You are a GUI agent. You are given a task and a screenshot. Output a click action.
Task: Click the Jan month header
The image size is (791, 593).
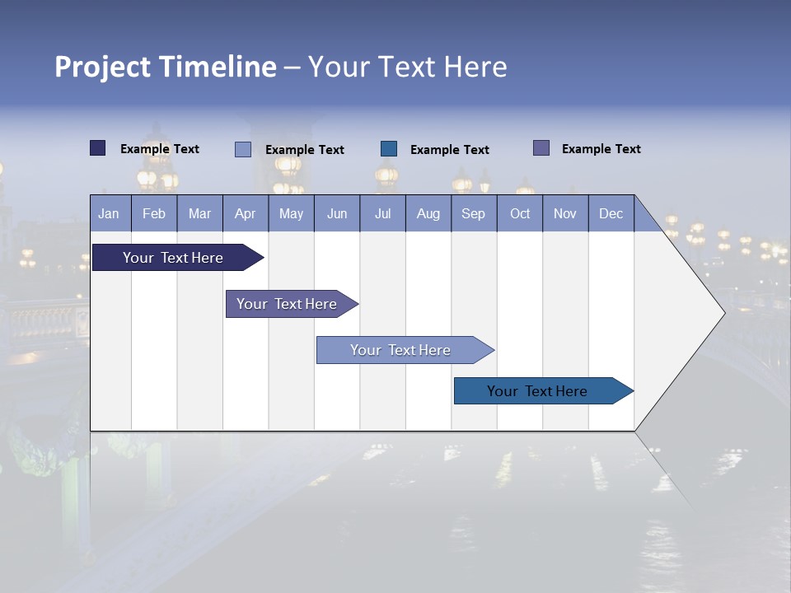coord(110,213)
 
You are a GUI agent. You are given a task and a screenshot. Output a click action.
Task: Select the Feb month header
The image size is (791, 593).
coord(154,213)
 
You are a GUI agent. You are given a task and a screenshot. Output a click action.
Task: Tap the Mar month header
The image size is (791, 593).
coord(199,213)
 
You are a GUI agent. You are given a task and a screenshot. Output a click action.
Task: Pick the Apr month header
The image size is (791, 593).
coord(246,213)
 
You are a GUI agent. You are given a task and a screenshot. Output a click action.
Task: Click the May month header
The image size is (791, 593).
coord(291,213)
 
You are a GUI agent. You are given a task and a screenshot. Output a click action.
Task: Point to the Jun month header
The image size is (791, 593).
coord(337,213)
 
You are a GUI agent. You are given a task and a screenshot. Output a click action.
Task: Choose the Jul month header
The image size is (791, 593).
coord(382,213)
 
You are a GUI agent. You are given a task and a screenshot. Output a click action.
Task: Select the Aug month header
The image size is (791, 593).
coord(428,213)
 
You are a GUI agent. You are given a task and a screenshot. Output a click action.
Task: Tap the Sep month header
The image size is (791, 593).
coord(474,213)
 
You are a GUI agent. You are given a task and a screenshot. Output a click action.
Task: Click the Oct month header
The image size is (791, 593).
coord(520,213)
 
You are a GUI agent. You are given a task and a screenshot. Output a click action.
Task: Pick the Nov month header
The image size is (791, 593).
coord(565,213)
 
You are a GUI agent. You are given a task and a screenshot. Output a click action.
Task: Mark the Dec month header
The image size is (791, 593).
coord(611,213)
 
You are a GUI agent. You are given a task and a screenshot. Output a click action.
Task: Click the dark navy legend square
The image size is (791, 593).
coord(98,148)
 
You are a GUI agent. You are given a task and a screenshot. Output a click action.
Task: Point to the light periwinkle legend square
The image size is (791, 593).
coord(243,149)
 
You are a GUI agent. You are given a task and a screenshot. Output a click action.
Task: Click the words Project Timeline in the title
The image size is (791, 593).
coord(166,67)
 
